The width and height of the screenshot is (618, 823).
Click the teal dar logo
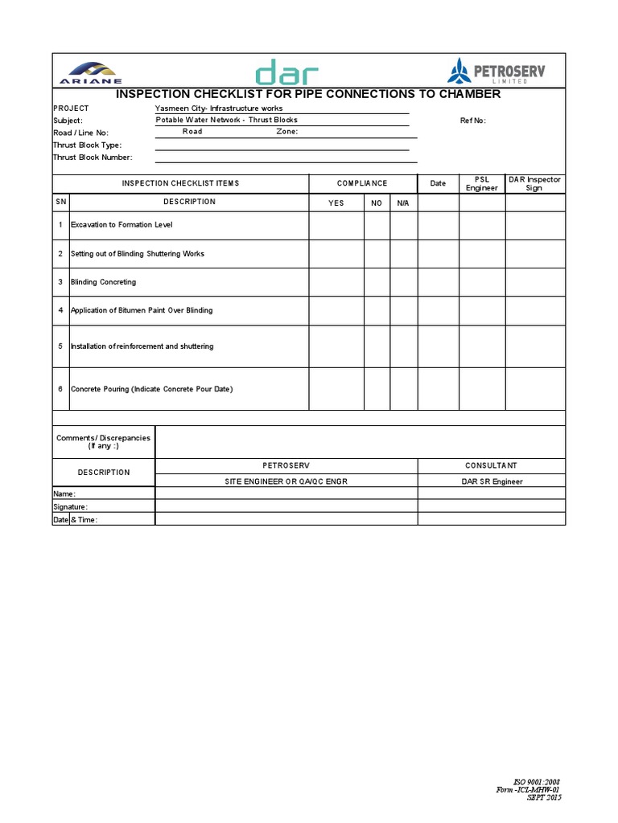tap(286, 72)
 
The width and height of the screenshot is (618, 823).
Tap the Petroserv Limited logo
tap(497, 72)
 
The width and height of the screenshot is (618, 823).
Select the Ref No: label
tap(473, 121)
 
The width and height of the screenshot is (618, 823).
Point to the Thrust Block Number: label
tap(93, 158)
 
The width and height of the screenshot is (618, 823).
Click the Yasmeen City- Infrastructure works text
tap(219, 108)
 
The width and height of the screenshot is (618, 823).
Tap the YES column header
tap(336, 203)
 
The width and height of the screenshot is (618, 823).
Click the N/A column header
tap(403, 203)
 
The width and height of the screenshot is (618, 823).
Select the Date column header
tap(438, 183)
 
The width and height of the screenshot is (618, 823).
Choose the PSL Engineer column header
tap(482, 184)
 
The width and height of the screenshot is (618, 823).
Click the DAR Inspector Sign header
tap(535, 184)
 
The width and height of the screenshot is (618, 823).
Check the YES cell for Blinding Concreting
tap(336, 282)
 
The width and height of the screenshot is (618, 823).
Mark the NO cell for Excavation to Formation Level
tap(377, 225)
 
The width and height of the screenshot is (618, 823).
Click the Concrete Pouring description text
tap(151, 389)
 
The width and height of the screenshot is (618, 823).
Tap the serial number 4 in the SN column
tap(60, 310)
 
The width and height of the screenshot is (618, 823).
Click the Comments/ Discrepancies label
tap(103, 441)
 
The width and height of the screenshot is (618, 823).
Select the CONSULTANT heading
tap(491, 466)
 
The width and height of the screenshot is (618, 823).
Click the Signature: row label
tap(71, 507)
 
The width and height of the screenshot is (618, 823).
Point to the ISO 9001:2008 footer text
tap(537, 781)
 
